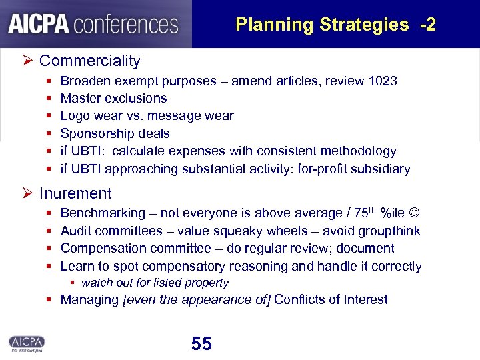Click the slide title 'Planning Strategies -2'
[335, 25]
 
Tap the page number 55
[201, 344]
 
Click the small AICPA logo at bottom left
[26, 342]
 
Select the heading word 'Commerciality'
[89, 61]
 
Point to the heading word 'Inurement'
[75, 194]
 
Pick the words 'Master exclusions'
[113, 99]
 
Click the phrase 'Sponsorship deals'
[115, 134]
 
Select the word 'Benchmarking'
[103, 213]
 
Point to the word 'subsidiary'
[381, 169]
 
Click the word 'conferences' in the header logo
[127, 25]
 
